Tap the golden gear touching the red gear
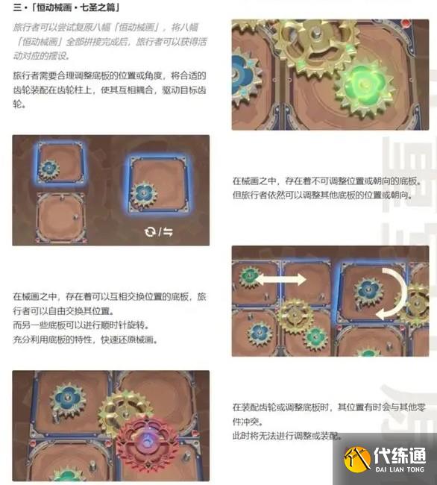125,409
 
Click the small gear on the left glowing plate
50,170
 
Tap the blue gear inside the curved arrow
368,289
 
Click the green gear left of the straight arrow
250,278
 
